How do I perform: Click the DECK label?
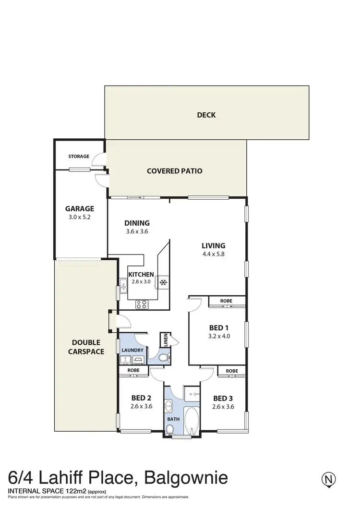[206, 115]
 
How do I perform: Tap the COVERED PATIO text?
[174, 171]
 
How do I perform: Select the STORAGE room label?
[78, 157]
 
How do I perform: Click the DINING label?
[137, 223]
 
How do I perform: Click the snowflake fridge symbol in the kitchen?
[163, 281]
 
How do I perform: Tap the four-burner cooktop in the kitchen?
[142, 303]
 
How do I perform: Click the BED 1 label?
[219, 328]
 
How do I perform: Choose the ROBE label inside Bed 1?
[226, 301]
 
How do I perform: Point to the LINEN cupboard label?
[165, 339]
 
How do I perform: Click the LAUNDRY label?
[132, 351]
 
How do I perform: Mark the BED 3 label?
[223, 398]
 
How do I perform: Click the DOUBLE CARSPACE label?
[87, 347]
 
